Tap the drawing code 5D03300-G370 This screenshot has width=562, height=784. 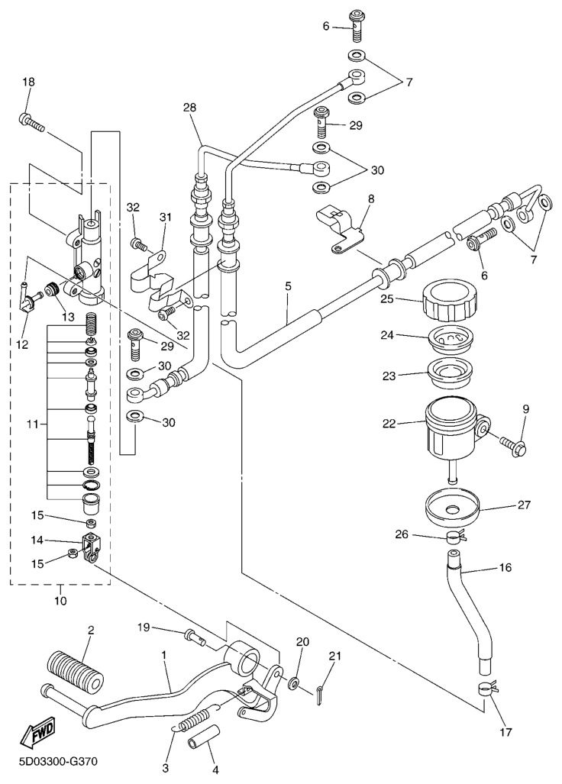point(52,762)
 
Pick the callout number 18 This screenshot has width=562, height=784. point(28,82)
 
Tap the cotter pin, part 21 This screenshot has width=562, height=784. point(323,691)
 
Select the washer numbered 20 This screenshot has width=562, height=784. point(294,681)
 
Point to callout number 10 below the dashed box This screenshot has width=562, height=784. point(60,600)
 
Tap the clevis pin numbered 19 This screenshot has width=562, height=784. point(193,634)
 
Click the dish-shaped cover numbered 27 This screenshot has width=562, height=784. point(451,509)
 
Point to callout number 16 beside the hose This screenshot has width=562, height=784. point(505,568)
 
